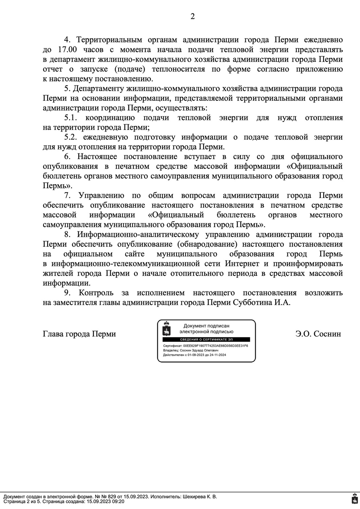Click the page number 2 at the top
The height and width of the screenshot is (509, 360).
193,17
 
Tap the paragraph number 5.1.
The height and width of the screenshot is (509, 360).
71,118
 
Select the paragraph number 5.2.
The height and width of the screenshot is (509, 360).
71,137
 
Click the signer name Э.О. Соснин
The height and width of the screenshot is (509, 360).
318,334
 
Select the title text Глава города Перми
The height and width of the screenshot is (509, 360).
79,334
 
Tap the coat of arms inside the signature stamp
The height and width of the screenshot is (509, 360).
166,329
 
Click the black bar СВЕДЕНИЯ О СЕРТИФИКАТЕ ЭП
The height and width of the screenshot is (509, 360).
206,339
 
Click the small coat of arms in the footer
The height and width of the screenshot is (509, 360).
354,500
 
